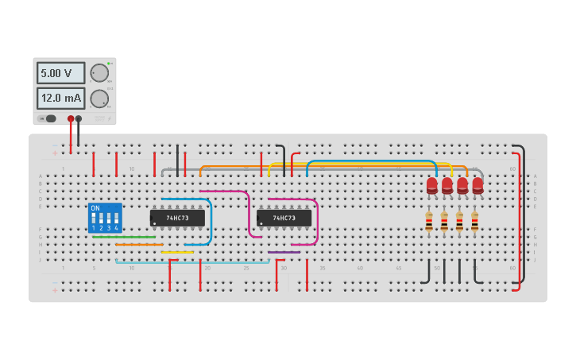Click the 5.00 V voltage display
point(60,74)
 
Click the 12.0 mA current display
point(60,99)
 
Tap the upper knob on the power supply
point(99,73)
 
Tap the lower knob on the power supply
point(99,99)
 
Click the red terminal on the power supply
point(71,118)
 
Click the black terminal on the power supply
point(79,118)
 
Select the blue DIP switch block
point(105,217)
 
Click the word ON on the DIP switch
point(95,208)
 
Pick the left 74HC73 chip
point(177,218)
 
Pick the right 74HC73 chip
point(284,218)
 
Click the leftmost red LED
point(431,185)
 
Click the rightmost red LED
point(477,185)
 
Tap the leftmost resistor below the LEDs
point(429,223)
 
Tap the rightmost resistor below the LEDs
point(474,223)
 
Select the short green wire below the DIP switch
point(123,237)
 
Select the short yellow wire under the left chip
point(176,252)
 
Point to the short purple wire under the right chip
point(284,252)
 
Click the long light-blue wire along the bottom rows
point(191,261)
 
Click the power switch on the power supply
point(51,118)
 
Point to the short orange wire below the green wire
point(139,245)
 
